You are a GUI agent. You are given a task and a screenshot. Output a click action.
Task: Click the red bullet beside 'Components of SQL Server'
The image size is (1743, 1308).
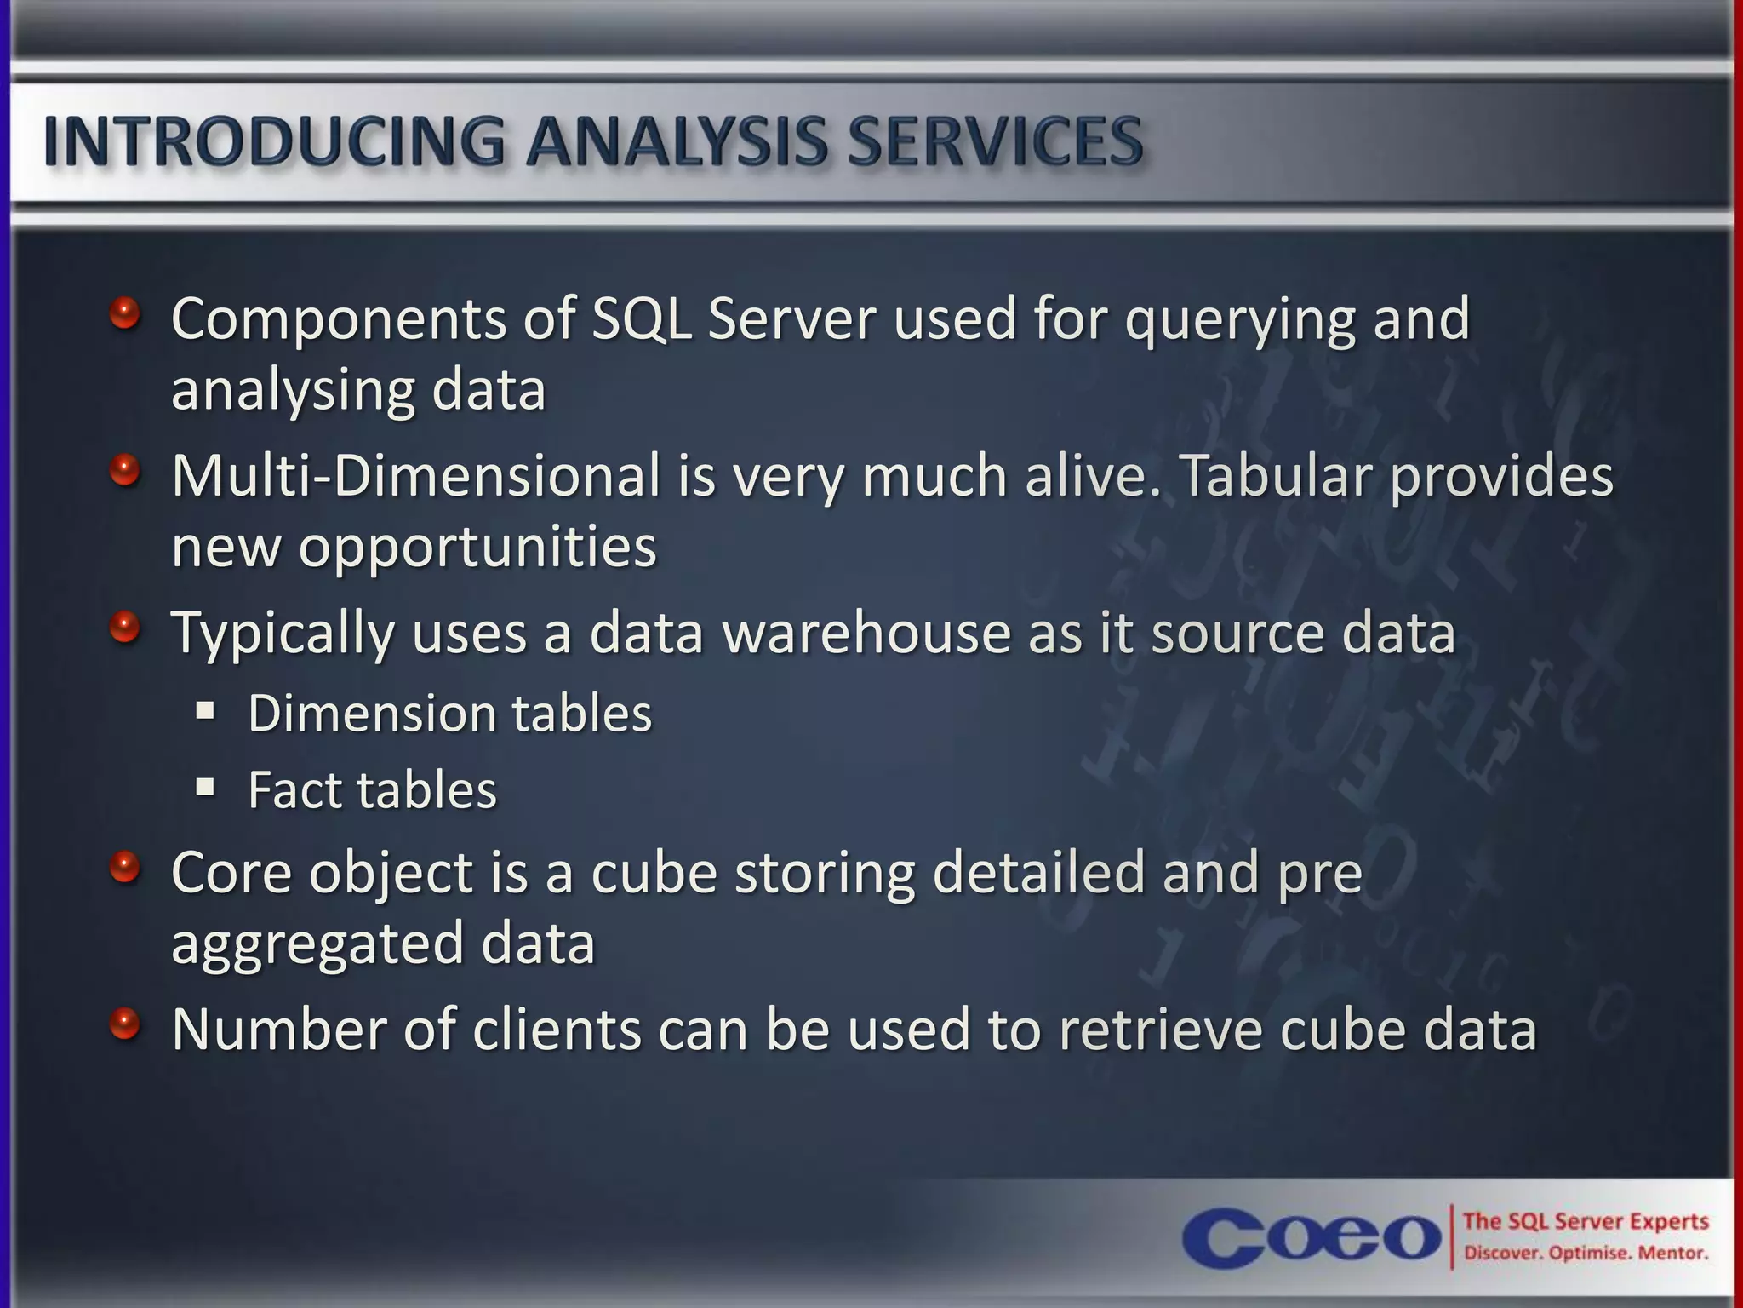pos(124,313)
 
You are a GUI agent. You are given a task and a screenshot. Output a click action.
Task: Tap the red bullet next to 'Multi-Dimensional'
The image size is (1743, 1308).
pos(124,470)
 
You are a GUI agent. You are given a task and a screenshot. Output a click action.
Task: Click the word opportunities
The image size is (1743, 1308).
pos(477,549)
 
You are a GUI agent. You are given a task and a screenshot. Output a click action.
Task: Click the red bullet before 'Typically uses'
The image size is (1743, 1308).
pos(124,628)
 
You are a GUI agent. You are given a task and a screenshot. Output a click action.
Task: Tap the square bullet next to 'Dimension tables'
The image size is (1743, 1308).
pos(205,709)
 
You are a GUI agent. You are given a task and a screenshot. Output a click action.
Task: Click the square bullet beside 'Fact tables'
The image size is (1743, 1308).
pos(205,786)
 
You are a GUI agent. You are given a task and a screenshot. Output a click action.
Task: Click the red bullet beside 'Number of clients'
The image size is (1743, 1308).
pos(124,1024)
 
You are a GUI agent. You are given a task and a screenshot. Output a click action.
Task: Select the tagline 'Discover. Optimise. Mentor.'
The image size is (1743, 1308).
pos(1586,1253)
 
